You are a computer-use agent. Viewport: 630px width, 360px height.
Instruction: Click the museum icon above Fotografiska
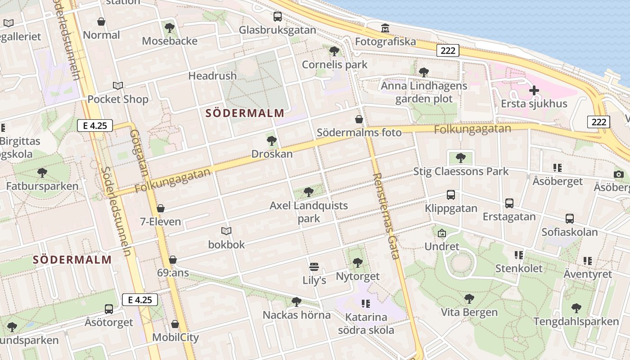[385, 28]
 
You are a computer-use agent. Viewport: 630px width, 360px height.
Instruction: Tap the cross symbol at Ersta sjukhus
[534, 90]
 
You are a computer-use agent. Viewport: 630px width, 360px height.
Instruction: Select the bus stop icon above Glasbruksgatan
[278, 17]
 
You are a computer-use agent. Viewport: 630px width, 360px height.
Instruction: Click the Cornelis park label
[335, 64]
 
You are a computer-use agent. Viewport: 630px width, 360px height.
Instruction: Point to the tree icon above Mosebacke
[170, 28]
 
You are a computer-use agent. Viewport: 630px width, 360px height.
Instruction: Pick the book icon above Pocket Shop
[118, 85]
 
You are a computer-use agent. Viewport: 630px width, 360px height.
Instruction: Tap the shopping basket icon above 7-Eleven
[160, 208]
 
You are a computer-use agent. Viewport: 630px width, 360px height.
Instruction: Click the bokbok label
[226, 244]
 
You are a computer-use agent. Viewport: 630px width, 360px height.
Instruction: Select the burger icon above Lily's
[314, 267]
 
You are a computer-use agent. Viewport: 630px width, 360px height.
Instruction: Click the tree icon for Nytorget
[358, 262]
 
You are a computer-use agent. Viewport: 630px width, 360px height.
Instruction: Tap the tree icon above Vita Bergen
[469, 298]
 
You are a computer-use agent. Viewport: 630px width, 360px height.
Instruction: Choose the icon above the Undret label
[442, 233]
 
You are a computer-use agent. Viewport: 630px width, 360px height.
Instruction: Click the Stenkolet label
[519, 269]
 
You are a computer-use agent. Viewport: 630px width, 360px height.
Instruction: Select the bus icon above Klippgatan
[451, 195]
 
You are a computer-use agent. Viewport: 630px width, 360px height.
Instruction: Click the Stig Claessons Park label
[461, 171]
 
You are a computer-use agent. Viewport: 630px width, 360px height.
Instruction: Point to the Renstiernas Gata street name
[387, 216]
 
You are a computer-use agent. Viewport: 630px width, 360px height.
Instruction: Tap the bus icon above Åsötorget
[109, 309]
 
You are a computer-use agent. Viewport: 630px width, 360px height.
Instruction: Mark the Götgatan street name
[139, 153]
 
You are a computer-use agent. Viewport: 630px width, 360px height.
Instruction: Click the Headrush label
[212, 76]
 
